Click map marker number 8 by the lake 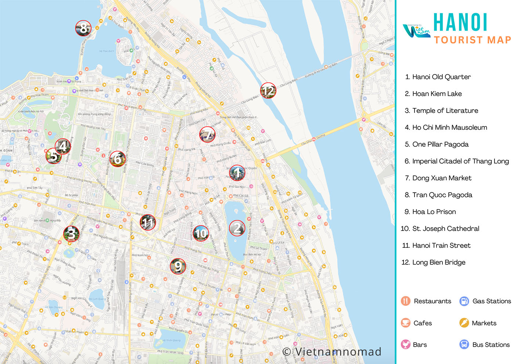pyautogui.click(x=83, y=28)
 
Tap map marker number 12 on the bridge pyautogui.click(x=268, y=90)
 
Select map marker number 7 pyautogui.click(x=207, y=135)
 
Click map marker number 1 pyautogui.click(x=237, y=173)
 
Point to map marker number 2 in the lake pyautogui.click(x=237, y=228)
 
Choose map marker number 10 pyautogui.click(x=201, y=233)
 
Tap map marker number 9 pyautogui.click(x=178, y=266)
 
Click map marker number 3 pyautogui.click(x=71, y=234)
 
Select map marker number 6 pyautogui.click(x=117, y=159)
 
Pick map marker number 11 pyautogui.click(x=148, y=222)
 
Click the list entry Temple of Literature pyautogui.click(x=445, y=111)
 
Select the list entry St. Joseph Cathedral pyautogui.click(x=445, y=229)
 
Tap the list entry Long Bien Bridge pyautogui.click(x=438, y=263)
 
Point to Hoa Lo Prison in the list pyautogui.click(x=434, y=212)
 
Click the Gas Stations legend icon pyautogui.click(x=464, y=301)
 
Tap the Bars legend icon pyautogui.click(x=405, y=345)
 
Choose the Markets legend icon pyautogui.click(x=464, y=323)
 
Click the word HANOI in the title pyautogui.click(x=460, y=23)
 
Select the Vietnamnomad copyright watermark pyautogui.click(x=332, y=352)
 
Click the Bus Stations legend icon pyautogui.click(x=464, y=345)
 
